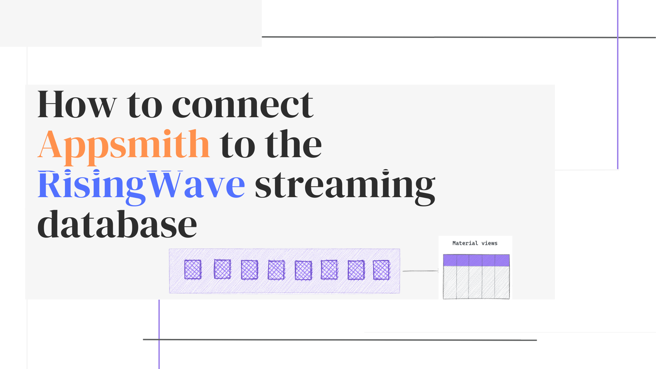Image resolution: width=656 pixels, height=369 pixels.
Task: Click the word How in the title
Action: point(77,104)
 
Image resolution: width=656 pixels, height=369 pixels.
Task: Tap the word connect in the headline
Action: point(243,105)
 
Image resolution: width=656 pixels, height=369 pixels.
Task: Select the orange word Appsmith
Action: point(124,146)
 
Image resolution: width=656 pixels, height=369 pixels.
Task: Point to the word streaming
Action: point(345,188)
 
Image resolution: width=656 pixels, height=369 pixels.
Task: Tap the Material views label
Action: point(475,243)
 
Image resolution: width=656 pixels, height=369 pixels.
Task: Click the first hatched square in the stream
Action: point(193,270)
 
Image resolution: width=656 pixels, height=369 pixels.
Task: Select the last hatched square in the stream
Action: point(381,270)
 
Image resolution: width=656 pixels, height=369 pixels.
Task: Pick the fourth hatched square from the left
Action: point(276,270)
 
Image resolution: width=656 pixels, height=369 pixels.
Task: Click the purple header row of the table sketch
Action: point(476,260)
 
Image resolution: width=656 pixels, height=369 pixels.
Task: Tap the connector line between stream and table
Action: point(420,271)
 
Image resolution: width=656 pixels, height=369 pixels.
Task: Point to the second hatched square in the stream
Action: point(222,269)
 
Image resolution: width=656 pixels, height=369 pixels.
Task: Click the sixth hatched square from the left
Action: point(329,270)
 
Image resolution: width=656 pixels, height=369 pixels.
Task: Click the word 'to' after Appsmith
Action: point(237,146)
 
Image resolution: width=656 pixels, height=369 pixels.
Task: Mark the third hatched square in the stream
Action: point(249,270)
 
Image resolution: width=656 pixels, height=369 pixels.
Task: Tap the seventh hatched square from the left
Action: point(356,270)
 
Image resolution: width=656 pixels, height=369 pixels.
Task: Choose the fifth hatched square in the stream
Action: point(303,270)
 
